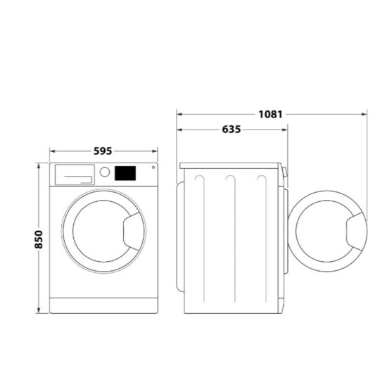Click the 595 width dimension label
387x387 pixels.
[x=103, y=151]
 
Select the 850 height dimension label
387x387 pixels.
[x=39, y=239]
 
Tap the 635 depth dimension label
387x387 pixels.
[x=231, y=129]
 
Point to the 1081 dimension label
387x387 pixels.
[x=270, y=114]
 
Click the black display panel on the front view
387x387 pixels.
[x=125, y=173]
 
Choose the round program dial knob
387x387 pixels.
[x=105, y=172]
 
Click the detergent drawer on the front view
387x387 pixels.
[x=75, y=175]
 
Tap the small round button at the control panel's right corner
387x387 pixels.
[x=153, y=167]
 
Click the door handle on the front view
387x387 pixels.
[x=134, y=231]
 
